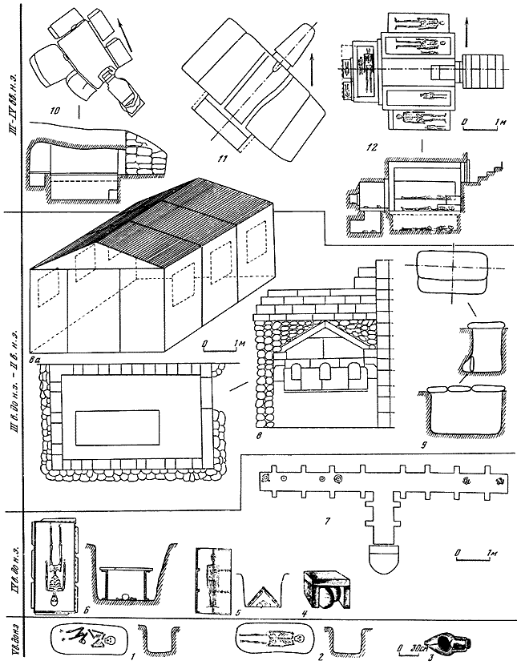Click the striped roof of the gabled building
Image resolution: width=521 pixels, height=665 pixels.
coord(160,224)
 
